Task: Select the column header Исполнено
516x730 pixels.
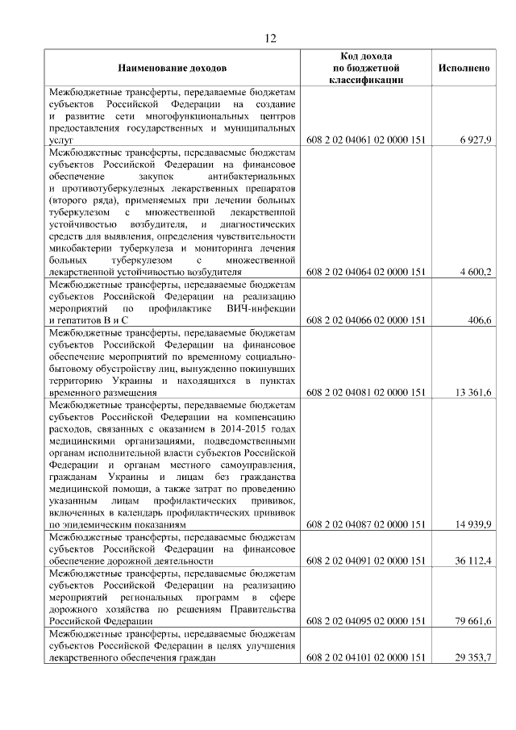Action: pos(464,69)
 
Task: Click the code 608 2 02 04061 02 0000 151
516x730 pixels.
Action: pos(366,140)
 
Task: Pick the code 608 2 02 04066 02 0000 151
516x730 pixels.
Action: pos(366,320)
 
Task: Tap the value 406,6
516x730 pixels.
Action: pos(480,320)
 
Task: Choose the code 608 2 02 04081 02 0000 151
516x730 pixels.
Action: pos(366,393)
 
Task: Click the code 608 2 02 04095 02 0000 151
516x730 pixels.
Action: pos(366,621)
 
